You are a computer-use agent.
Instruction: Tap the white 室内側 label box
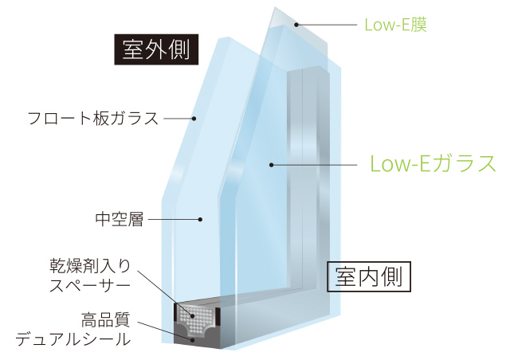point(369,276)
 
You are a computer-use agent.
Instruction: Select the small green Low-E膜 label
point(396,25)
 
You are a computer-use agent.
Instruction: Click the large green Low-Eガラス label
point(433,164)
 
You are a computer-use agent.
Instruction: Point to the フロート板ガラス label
point(93,119)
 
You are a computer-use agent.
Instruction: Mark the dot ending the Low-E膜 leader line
point(296,25)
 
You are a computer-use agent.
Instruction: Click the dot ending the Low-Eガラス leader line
point(271,165)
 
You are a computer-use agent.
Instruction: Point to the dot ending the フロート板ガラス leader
point(194,119)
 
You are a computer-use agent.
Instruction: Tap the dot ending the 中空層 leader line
point(201,219)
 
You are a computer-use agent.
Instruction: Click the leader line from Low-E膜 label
point(327,25)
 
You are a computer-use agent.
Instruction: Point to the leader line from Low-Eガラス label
point(315,165)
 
